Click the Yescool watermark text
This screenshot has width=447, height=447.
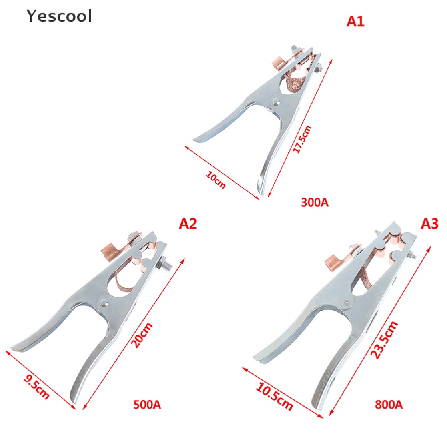coord(59,16)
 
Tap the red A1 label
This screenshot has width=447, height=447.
coord(355,22)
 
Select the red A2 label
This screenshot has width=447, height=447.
coord(188,224)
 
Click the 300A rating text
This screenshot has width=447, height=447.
coord(314,203)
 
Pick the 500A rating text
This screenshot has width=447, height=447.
coord(147,405)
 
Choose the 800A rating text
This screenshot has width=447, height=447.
coord(389,405)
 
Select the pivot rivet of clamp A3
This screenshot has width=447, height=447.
coord(347,303)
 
